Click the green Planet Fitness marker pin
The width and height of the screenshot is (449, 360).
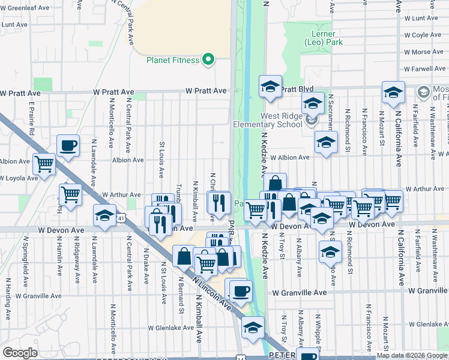(x=208, y=59)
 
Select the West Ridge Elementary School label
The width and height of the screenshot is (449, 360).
(x=280, y=121)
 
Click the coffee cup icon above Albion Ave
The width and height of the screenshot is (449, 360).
(x=68, y=145)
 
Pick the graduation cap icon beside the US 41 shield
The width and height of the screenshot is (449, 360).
(x=104, y=215)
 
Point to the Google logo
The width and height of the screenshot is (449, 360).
(x=20, y=353)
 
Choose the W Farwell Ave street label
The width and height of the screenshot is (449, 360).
(x=424, y=69)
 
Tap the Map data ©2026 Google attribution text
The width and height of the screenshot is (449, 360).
(x=412, y=355)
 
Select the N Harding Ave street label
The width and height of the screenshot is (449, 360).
(x=8, y=307)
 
